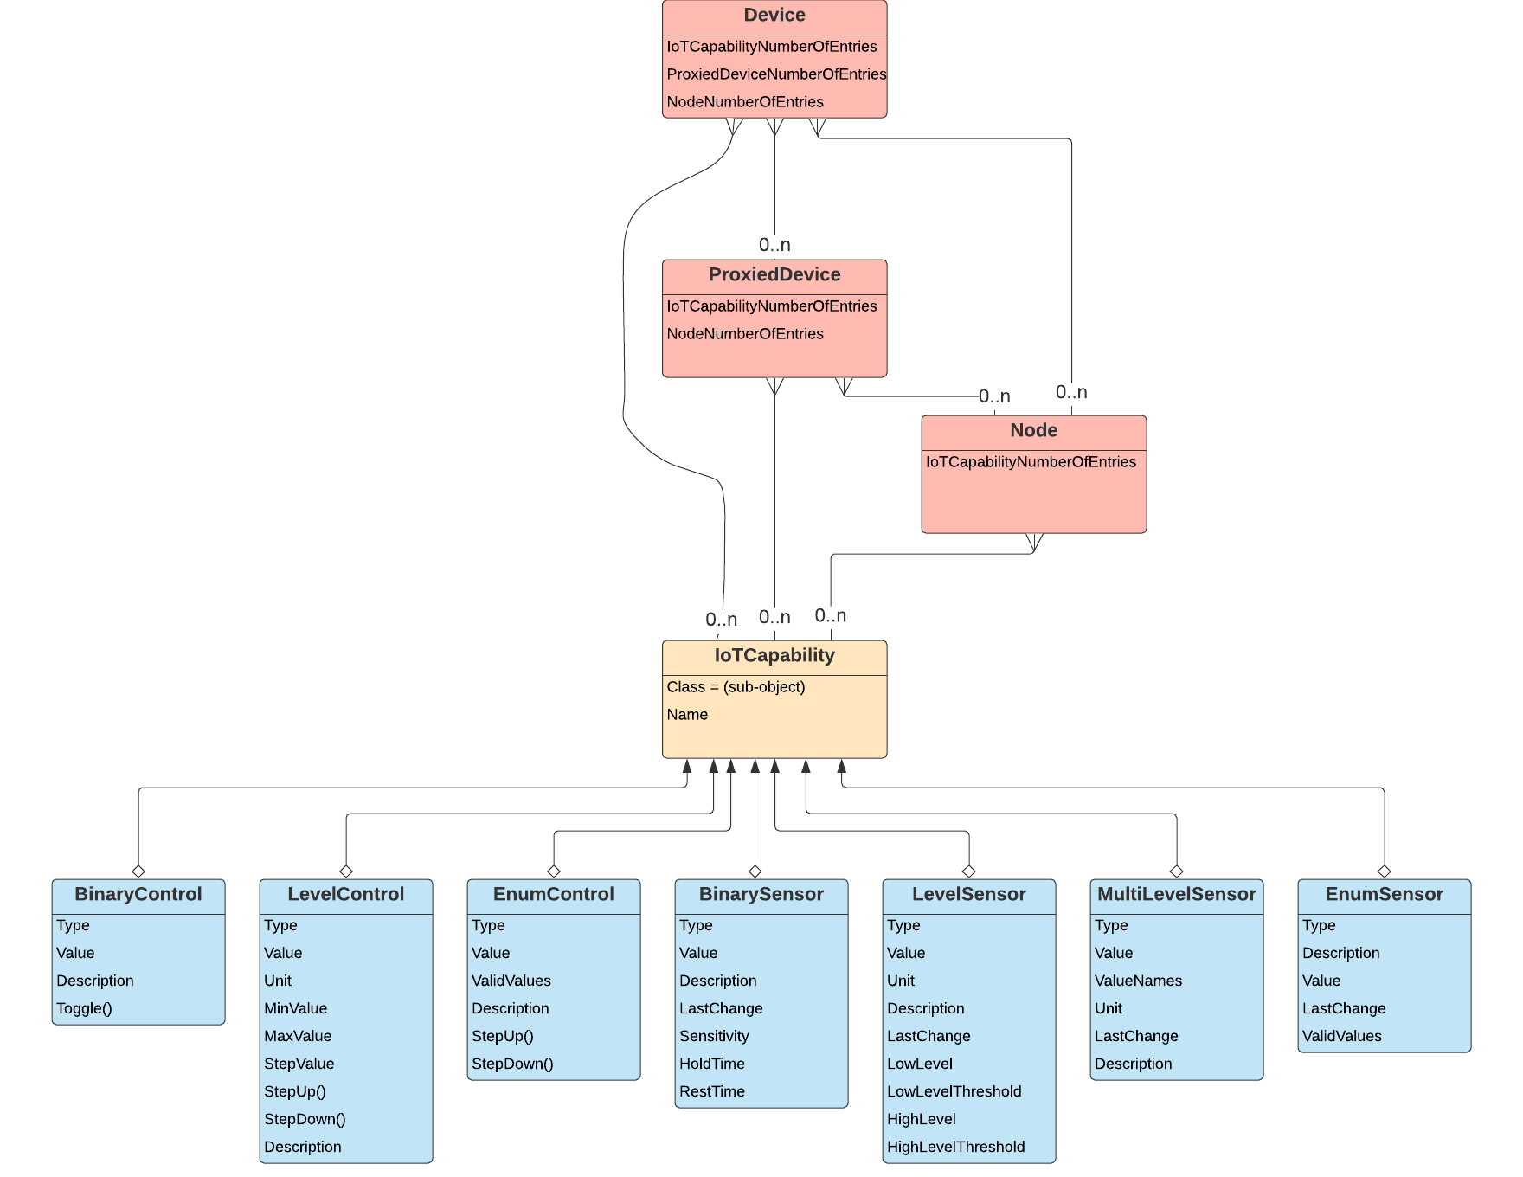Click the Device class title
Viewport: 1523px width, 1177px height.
[774, 16]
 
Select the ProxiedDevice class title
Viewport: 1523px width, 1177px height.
[774, 275]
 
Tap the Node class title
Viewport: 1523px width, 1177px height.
[1034, 431]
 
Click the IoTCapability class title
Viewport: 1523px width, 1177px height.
[774, 656]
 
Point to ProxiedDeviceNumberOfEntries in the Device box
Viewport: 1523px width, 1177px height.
[776, 74]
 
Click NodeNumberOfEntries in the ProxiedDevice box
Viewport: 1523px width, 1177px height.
[745, 334]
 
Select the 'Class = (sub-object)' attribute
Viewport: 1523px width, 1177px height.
[736, 687]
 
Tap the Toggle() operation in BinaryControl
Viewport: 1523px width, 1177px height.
[84, 1008]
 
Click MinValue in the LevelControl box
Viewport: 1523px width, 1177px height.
[295, 1008]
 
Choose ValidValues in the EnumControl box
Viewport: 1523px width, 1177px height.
[511, 981]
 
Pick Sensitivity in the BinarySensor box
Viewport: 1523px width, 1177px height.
[714, 1036]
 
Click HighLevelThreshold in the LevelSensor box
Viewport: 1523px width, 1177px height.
[955, 1147]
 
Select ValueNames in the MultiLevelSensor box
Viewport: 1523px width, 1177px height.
[1138, 981]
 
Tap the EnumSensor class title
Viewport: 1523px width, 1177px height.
[1384, 895]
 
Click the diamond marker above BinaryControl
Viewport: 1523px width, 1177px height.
[138, 871]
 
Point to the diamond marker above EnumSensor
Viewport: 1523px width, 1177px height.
[1384, 871]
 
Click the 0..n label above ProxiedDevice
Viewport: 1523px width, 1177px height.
[774, 246]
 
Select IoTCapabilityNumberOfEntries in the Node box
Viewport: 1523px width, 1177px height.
[1031, 462]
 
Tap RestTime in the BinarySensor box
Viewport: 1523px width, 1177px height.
[711, 1091]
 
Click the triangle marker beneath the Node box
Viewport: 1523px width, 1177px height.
[1034, 542]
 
